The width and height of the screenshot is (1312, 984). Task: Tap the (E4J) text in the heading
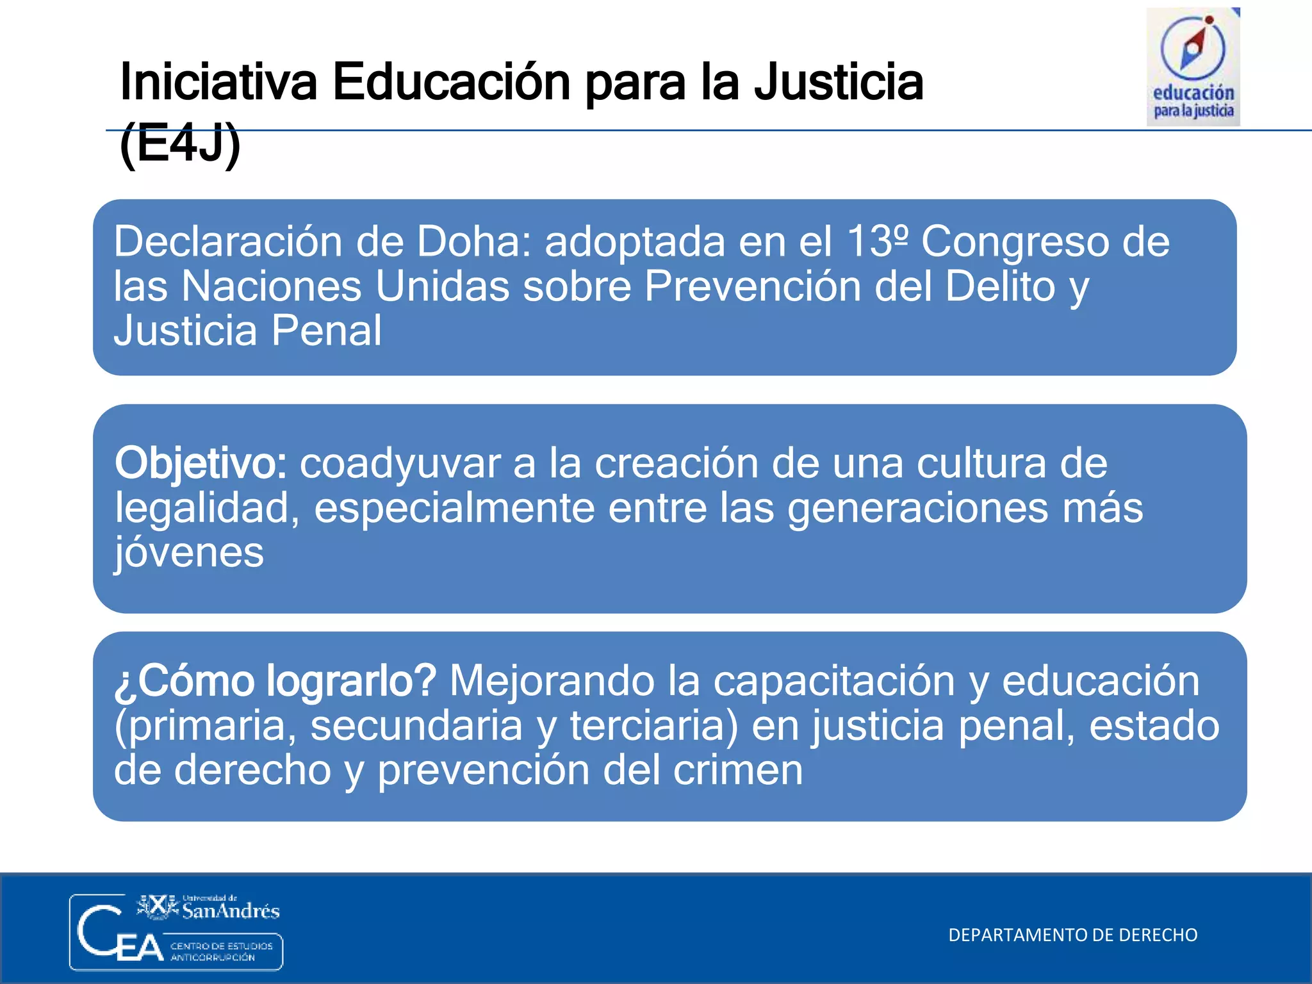pyautogui.click(x=180, y=145)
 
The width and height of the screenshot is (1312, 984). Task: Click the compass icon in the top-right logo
pyautogui.click(x=1193, y=47)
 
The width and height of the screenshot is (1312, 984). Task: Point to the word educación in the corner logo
pyautogui.click(x=1193, y=94)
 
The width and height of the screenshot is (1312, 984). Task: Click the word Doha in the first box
pyautogui.click(x=473, y=242)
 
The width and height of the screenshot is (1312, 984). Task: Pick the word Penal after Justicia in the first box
pyautogui.click(x=326, y=331)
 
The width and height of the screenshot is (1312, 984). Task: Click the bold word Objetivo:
pyautogui.click(x=201, y=464)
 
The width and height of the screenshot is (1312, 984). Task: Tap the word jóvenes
pyautogui.click(x=190, y=552)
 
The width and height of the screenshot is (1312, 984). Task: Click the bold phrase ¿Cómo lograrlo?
pyautogui.click(x=275, y=680)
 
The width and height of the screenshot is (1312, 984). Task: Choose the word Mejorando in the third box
pyautogui.click(x=552, y=680)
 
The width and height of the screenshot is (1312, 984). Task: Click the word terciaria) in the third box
pyautogui.click(x=653, y=726)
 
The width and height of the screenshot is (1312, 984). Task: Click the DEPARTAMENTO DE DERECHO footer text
pyautogui.click(x=1072, y=935)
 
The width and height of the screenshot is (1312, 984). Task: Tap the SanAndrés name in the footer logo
pyautogui.click(x=231, y=910)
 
